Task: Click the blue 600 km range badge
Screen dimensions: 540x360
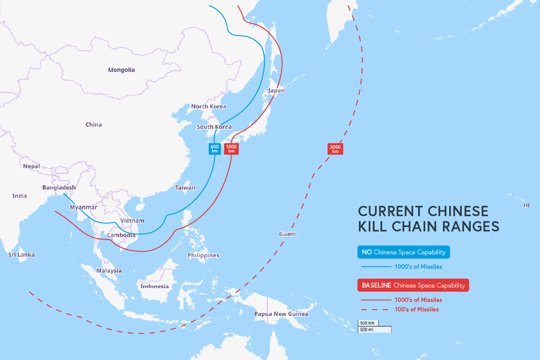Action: point(214,149)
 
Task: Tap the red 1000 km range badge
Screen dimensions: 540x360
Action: point(231,149)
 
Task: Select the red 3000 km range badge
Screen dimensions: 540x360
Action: point(335,149)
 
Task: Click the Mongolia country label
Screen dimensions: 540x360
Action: point(121,70)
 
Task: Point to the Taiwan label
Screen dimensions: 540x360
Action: point(185,187)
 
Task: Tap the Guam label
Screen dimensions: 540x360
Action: point(287,234)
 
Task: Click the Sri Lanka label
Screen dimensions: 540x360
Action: point(22,254)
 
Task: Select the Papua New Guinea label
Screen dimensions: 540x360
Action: point(281,314)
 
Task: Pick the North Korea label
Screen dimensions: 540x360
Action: point(209,106)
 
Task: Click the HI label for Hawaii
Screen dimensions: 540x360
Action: point(527,205)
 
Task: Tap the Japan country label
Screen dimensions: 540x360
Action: point(276,90)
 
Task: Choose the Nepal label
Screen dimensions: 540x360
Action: point(31,166)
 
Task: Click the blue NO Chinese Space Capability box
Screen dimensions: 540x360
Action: point(404,252)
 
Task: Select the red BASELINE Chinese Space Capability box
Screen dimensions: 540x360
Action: point(413,285)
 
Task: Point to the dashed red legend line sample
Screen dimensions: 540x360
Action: point(375,309)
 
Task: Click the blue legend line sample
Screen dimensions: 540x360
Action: point(376,267)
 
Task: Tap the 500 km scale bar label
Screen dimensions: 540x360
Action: point(367,323)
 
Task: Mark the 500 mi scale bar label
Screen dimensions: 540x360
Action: point(367,329)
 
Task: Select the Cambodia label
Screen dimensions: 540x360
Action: point(121,235)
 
